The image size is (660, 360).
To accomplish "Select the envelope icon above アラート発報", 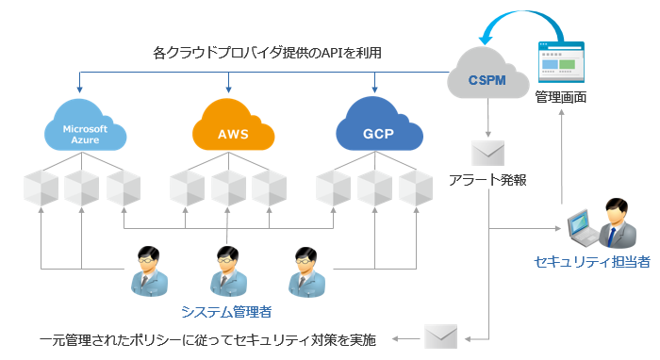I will coord(488,152).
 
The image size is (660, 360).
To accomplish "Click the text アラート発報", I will coord(487,179).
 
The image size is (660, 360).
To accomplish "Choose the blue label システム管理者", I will coord(227,308).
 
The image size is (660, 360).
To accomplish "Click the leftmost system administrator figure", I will coord(147,270).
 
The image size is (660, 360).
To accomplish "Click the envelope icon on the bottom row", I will coord(440,337).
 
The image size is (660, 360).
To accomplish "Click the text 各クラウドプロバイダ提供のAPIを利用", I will coord(267,53).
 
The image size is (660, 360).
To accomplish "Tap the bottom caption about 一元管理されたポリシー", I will coord(207,339).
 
